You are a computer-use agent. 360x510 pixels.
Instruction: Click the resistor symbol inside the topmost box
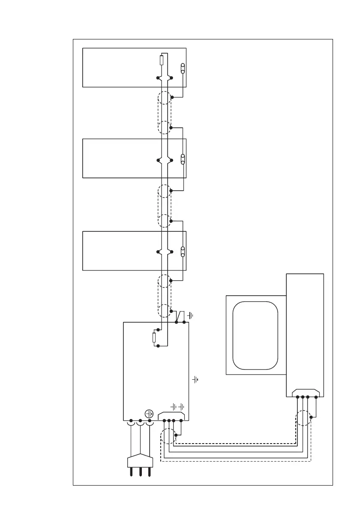(x=161, y=60)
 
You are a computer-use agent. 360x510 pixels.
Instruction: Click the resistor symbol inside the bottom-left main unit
(x=154, y=338)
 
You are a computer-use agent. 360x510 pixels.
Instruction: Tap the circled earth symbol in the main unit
(x=150, y=414)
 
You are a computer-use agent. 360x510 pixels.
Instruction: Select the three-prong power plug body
(x=139, y=462)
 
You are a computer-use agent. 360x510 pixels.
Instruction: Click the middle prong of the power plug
(x=139, y=472)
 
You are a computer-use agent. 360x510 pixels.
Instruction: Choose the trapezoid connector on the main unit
(x=172, y=415)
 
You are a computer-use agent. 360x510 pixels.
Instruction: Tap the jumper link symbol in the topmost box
(x=183, y=68)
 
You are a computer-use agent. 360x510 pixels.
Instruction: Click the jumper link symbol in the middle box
(x=183, y=159)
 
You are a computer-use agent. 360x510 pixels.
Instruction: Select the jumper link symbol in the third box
(x=183, y=252)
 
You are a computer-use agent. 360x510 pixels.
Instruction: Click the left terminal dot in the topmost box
(x=158, y=78)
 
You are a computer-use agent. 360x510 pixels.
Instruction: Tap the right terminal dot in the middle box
(x=171, y=160)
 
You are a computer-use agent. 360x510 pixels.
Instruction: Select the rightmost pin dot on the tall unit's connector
(x=316, y=397)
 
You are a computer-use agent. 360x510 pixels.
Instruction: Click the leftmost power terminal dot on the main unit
(x=130, y=420)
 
